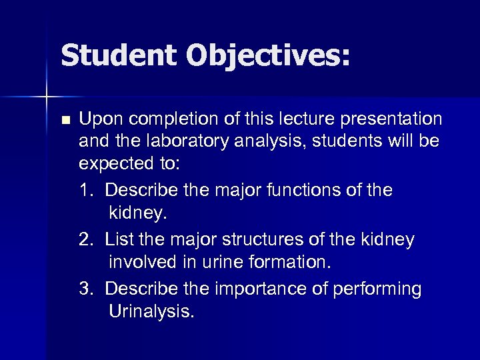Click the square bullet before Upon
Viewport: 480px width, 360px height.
coord(64,121)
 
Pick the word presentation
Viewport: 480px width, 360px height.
coord(393,119)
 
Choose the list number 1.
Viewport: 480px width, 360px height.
coord(85,191)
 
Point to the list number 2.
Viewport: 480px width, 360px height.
coord(85,239)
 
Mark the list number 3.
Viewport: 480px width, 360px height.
coord(85,289)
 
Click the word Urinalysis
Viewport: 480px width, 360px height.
coord(152,312)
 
